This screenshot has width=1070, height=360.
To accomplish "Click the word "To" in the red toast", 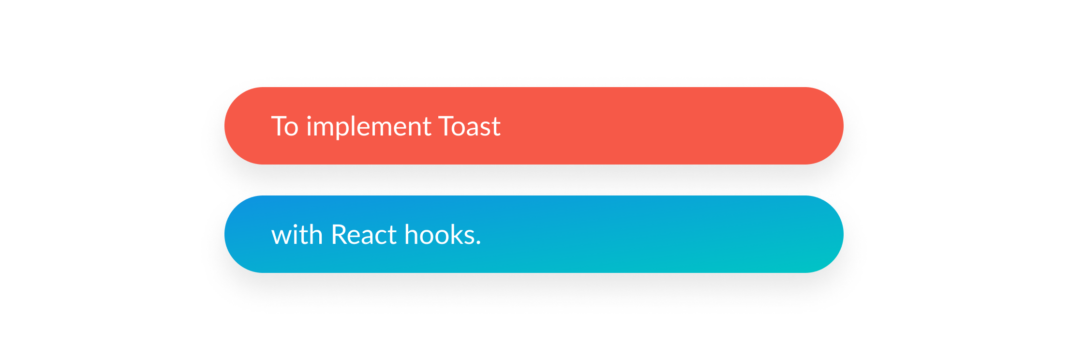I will (x=284, y=127).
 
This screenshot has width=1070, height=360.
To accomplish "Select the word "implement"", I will (x=369, y=128).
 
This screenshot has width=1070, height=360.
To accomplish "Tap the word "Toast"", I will (x=469, y=127).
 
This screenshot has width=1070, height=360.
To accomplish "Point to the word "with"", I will (x=297, y=235).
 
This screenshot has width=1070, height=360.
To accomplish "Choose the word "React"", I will (x=364, y=235).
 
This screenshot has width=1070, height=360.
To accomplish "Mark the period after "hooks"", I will (x=478, y=243).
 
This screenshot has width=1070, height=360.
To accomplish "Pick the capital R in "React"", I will (x=339, y=235).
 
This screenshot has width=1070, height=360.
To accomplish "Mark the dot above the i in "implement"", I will (x=310, y=117).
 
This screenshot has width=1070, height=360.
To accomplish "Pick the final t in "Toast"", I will (x=496, y=128).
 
